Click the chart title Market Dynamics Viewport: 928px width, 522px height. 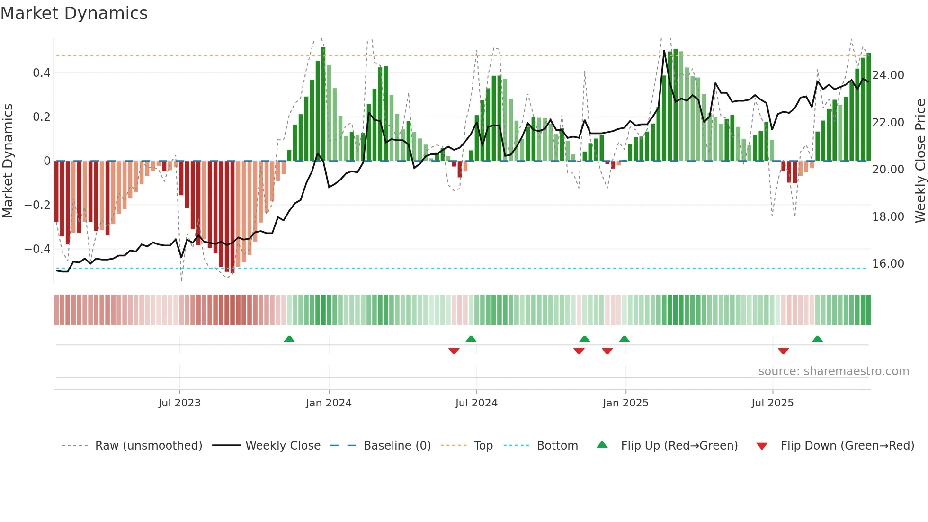coord(74,13)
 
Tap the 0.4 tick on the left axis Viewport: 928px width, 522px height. coord(41,73)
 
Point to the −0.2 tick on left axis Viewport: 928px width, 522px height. coord(37,205)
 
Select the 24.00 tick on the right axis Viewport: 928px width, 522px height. coord(888,75)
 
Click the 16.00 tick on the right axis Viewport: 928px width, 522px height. coord(888,264)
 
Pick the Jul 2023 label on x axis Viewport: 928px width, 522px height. coord(179,403)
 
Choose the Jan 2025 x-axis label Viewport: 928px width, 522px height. coord(625,403)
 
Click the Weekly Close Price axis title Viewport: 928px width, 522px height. coord(920,161)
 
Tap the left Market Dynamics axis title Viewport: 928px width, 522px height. coord(8,161)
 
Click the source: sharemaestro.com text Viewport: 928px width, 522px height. coord(833,371)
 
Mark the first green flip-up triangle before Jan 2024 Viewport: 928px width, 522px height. coord(289,339)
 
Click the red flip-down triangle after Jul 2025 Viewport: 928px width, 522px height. coord(783,351)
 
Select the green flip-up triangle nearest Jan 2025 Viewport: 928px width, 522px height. coord(624,339)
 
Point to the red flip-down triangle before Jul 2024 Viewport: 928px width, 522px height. coord(454,351)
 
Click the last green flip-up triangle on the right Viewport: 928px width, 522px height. coord(817,339)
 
